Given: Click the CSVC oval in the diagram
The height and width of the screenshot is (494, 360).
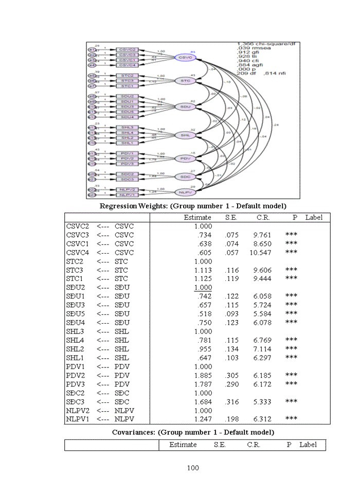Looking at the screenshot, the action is click(x=184, y=58).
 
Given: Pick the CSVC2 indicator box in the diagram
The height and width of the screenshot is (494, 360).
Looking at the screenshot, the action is click(x=127, y=49).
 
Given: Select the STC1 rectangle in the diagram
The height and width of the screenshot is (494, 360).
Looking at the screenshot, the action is click(x=127, y=86).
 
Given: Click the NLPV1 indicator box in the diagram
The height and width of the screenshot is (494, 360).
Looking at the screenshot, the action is click(x=127, y=195).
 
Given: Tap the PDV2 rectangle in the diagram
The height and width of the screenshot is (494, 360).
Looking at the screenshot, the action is click(x=127, y=158).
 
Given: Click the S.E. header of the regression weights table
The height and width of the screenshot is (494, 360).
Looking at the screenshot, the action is click(x=231, y=218).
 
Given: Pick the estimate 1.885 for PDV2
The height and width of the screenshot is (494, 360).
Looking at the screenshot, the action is click(x=203, y=375).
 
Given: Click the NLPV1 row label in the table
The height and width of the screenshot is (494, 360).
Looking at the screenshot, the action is click(x=78, y=419).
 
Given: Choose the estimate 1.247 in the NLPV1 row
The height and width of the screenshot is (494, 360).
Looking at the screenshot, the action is click(x=203, y=419).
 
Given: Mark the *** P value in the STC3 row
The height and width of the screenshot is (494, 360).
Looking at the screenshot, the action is click(x=291, y=270).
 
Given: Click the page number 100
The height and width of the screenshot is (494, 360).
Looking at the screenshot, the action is click(x=192, y=468).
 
